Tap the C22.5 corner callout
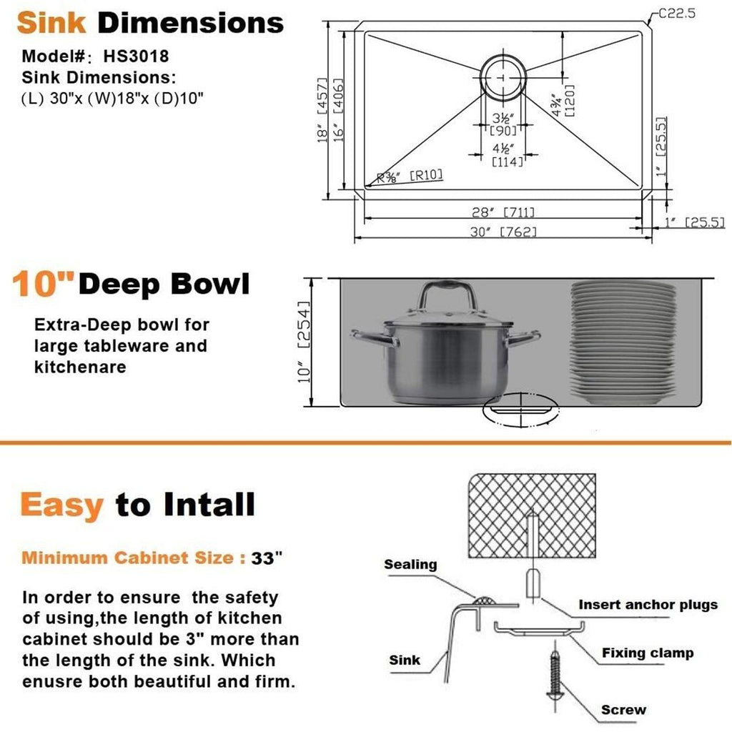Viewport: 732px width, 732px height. click(680, 13)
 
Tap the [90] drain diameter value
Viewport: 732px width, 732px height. click(503, 130)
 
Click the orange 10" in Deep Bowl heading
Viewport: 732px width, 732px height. click(44, 284)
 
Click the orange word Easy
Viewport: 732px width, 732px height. click(61, 505)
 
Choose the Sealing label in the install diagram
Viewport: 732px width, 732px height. click(410, 565)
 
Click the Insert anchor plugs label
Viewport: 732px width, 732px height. click(648, 605)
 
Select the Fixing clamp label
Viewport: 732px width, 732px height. click(647, 653)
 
